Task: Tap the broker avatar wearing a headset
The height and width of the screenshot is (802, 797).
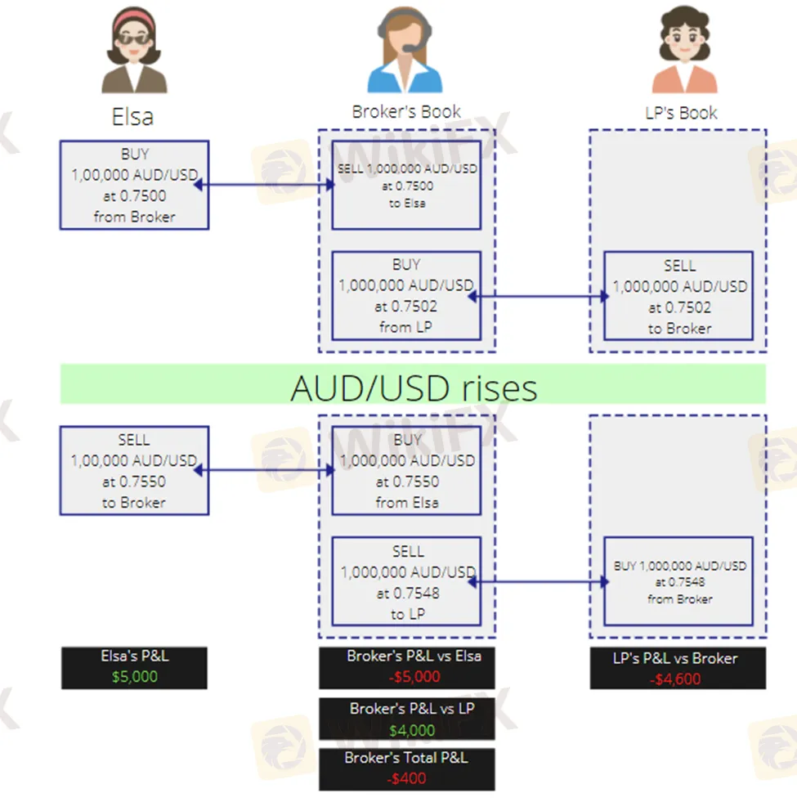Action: [405, 54]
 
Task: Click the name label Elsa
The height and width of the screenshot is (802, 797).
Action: [132, 117]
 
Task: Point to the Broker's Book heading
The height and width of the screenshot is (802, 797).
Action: [406, 112]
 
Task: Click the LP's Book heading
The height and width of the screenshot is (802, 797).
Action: [680, 113]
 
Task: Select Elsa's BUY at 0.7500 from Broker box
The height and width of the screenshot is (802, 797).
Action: [134, 185]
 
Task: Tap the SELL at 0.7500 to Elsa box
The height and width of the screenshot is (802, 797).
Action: [406, 185]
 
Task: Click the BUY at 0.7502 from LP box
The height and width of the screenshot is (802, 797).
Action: [406, 296]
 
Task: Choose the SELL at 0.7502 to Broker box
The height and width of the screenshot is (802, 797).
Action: [678, 296]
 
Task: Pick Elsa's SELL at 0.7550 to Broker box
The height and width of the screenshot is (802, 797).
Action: [134, 471]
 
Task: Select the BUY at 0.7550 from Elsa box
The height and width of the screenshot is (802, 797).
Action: [406, 471]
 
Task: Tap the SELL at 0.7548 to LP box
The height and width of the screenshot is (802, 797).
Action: [406, 583]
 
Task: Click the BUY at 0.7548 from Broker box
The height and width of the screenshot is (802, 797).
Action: [678, 582]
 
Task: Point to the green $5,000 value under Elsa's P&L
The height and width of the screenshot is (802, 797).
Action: [134, 677]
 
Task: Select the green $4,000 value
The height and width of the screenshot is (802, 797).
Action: [406, 729]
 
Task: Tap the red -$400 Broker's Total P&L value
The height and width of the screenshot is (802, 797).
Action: [406, 778]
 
